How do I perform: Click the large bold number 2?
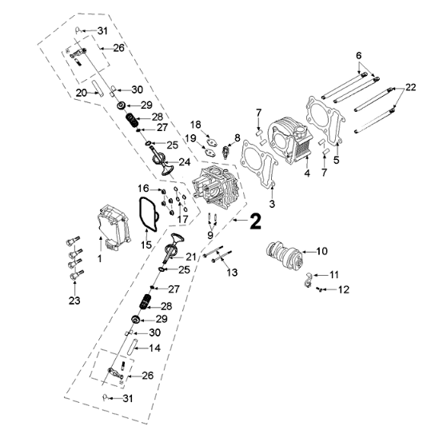pyautogui.click(x=255, y=221)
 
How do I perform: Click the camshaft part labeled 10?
pyautogui.click(x=283, y=255)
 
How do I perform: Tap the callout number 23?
pyautogui.click(x=74, y=301)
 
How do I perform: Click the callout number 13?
pyautogui.click(x=232, y=272)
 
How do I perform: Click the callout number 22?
pyautogui.click(x=410, y=87)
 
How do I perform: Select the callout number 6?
pyautogui.click(x=359, y=55)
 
